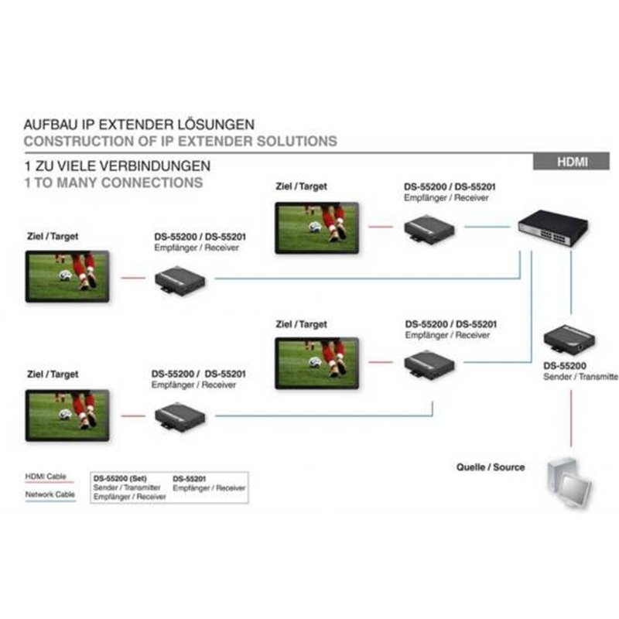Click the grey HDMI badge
(x=571, y=162)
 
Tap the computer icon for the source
(x=569, y=483)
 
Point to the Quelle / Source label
(x=491, y=467)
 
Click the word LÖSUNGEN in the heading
(x=216, y=124)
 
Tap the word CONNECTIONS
(x=152, y=183)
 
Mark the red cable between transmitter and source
(x=571, y=419)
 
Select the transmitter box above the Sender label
(x=569, y=340)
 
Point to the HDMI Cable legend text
(x=46, y=476)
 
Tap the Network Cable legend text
(x=50, y=494)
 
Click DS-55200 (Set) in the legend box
(x=120, y=478)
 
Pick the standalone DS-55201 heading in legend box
(x=190, y=479)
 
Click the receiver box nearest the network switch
(x=429, y=228)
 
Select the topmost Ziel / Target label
(x=301, y=186)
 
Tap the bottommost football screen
(x=67, y=416)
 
